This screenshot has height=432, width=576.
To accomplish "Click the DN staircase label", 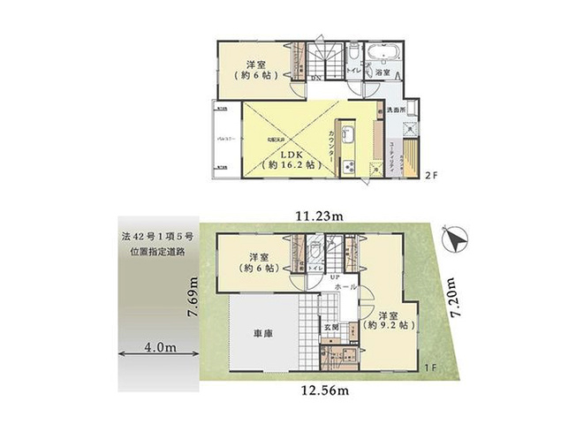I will pyautogui.click(x=315, y=78).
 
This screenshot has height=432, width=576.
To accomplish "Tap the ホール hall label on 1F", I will pyautogui.click(x=347, y=287).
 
